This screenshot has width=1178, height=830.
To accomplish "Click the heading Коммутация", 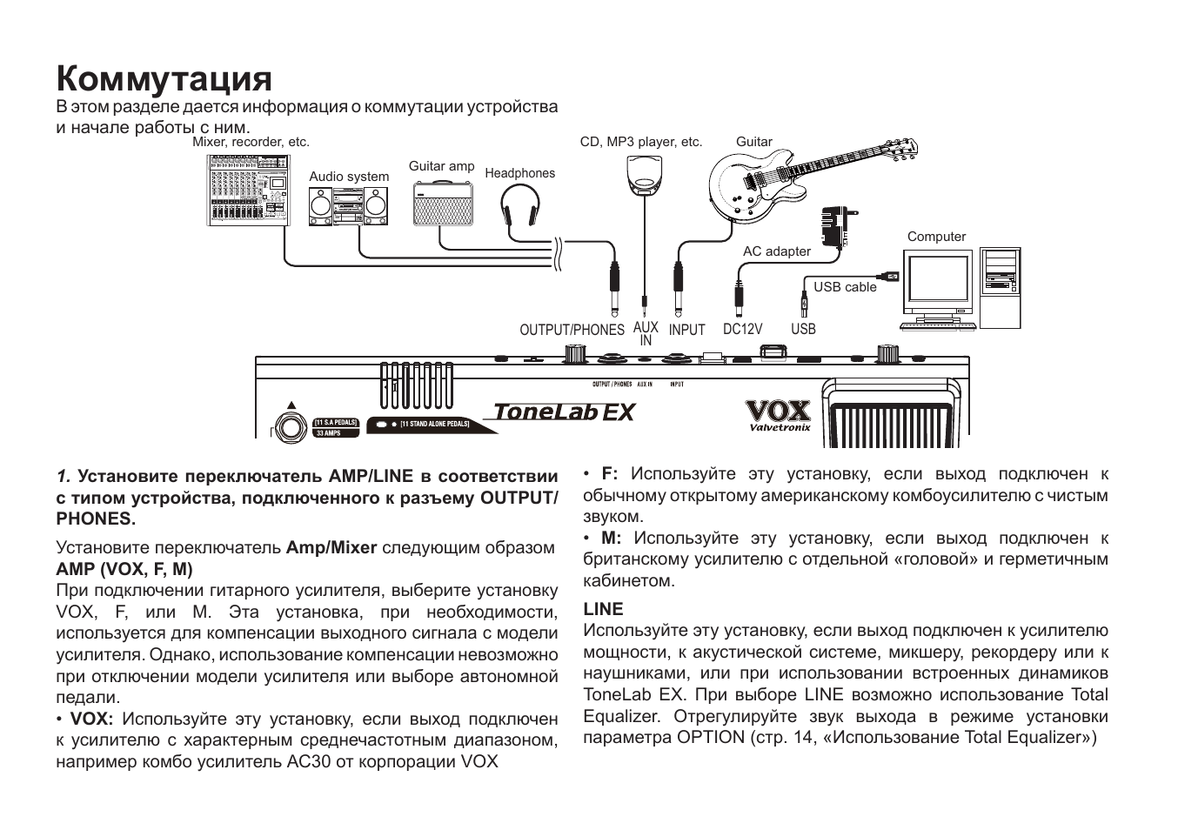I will point(164,78).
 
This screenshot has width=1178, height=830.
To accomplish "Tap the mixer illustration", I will point(248,191).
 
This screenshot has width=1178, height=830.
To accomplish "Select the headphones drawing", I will point(520,212).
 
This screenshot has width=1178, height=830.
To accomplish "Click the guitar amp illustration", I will point(443,204).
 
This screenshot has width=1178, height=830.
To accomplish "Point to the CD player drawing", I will point(644,171).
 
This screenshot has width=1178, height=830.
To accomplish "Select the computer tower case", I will point(1000,287).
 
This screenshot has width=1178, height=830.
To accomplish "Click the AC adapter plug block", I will point(833,227).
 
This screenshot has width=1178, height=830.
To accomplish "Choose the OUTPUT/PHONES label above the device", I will point(572,330).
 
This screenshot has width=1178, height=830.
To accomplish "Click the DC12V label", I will point(742,329).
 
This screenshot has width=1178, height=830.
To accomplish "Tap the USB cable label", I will point(845,287).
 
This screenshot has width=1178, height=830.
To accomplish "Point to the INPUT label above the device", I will point(686,330).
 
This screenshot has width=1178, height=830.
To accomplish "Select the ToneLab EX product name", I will point(564,412).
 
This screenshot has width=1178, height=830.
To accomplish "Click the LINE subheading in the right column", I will point(603,609).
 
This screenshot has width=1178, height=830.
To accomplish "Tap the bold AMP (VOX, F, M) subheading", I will point(124,569).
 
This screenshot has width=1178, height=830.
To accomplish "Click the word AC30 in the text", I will point(309,761).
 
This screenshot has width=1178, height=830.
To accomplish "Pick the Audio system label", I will point(349,177).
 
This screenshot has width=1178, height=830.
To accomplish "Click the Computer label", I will point(936,237).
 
